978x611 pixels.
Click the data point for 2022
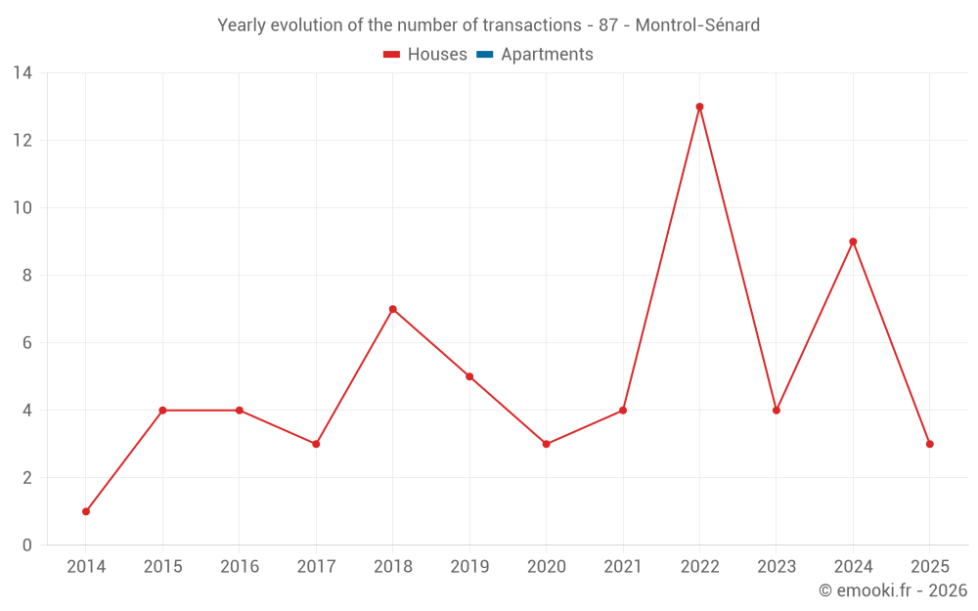[699, 107]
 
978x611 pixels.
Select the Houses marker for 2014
[86, 511]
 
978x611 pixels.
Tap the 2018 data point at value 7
[392, 309]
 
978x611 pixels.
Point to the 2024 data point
[853, 241]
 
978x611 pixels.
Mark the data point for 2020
[546, 444]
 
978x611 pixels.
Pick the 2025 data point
[929, 444]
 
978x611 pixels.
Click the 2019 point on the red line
[469, 376]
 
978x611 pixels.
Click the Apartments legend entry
[547, 55]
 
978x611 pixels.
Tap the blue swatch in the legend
[484, 55]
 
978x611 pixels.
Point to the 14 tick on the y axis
[22, 72]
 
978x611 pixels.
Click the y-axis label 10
[22, 207]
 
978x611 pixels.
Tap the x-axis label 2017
[316, 567]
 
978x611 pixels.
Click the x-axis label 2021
[623, 567]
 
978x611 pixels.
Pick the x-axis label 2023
[777, 567]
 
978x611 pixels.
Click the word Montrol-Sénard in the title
[697, 25]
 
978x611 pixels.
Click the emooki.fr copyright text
[893, 590]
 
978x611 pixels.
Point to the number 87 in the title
[607, 25]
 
